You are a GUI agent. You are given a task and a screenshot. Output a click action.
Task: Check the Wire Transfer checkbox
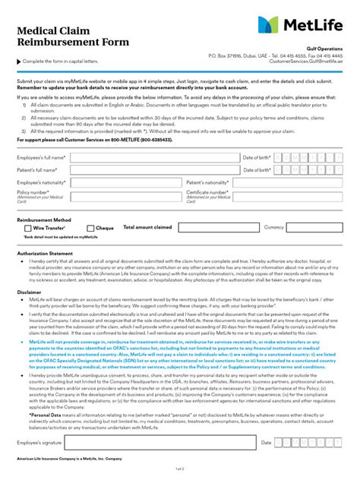(x=28, y=228)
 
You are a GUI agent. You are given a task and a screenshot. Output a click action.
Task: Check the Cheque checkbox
(x=91, y=228)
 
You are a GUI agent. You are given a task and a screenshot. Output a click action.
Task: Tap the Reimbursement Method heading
(x=45, y=218)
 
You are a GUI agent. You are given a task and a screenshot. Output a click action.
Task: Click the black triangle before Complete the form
(x=19, y=61)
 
